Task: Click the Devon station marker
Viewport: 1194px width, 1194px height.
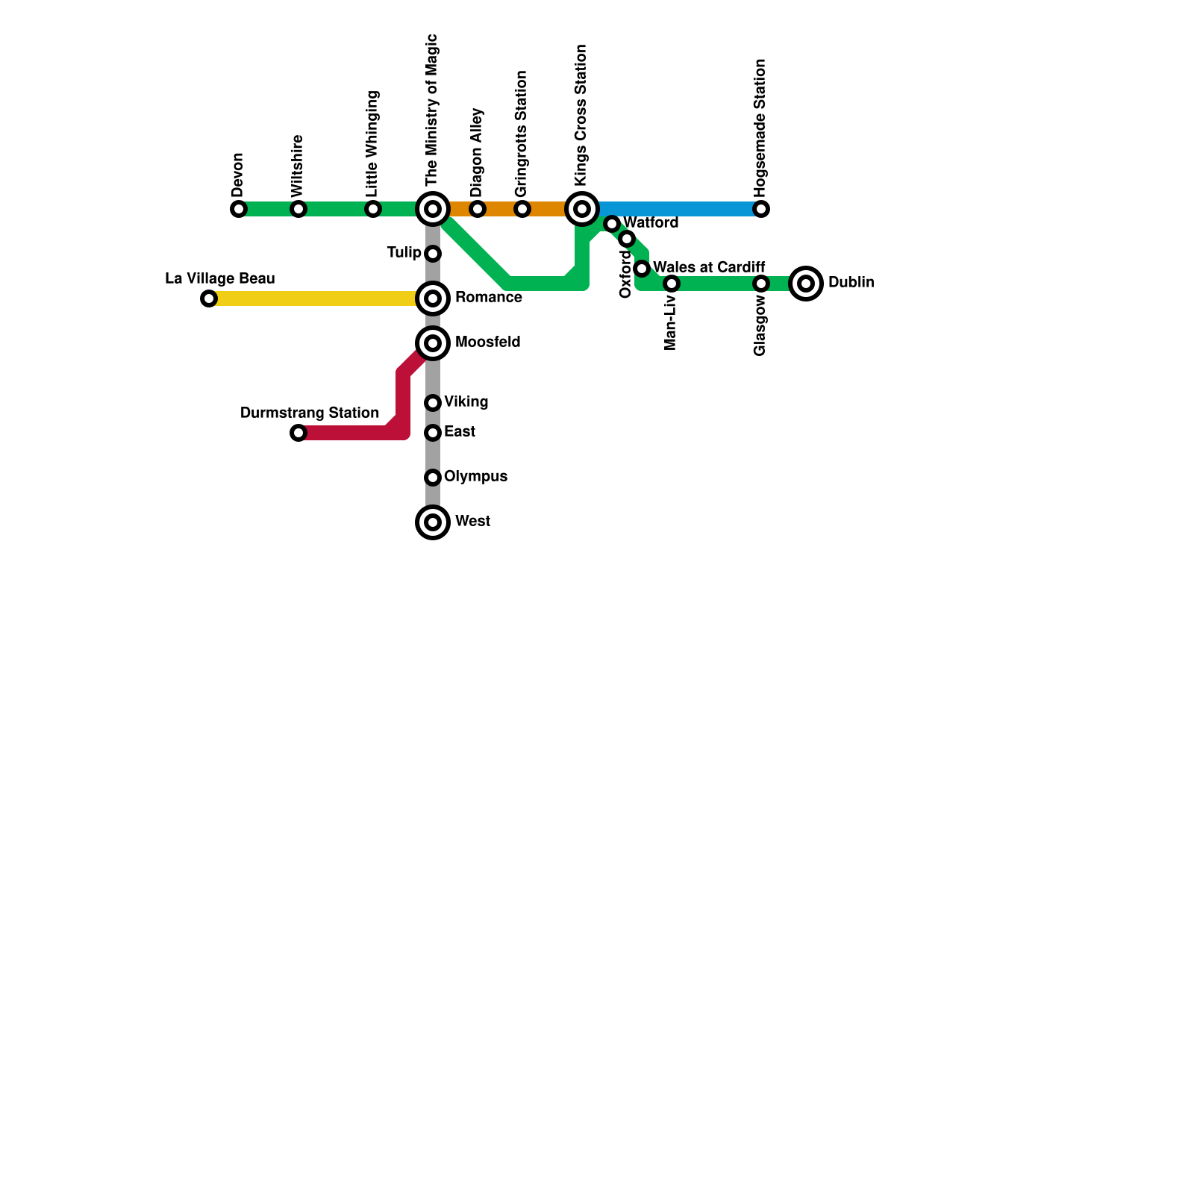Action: [x=239, y=209]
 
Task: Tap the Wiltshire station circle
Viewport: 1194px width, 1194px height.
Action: [x=298, y=209]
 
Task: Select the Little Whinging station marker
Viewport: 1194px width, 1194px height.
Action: [x=373, y=209]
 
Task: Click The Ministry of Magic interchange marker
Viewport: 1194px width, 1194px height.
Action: [x=433, y=209]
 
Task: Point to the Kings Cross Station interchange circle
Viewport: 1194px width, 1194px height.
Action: [x=582, y=209]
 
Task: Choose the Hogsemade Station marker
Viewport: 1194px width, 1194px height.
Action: [x=761, y=209]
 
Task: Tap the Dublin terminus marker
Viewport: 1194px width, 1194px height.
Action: [x=806, y=284]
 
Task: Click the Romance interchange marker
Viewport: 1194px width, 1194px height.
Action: [x=433, y=298]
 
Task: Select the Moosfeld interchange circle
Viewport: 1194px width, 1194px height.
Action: [x=433, y=343]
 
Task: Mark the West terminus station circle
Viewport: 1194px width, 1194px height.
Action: [x=433, y=522]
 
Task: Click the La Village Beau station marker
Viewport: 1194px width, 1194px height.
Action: [x=209, y=298]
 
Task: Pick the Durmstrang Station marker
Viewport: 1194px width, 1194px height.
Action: [x=298, y=433]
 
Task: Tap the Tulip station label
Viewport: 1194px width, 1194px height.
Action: [x=404, y=253]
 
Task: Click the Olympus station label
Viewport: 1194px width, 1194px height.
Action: [x=475, y=477]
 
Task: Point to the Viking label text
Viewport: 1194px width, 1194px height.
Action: [x=466, y=402]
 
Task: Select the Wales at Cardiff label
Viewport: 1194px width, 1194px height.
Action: [x=709, y=267]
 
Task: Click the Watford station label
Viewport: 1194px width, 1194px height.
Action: [x=651, y=222]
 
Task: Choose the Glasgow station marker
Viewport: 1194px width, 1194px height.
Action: [x=761, y=284]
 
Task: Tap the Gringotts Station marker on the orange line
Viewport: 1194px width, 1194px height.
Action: [x=522, y=209]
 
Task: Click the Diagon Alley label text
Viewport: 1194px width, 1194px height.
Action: [x=477, y=153]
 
